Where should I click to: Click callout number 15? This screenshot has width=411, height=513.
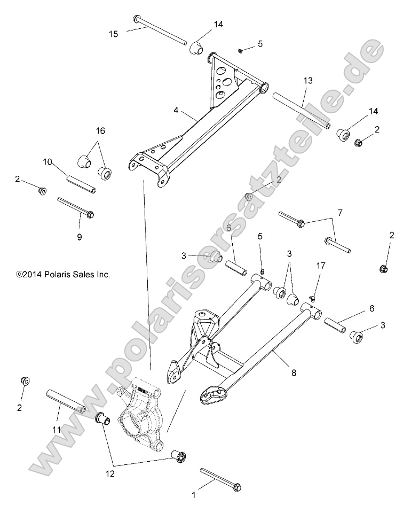(x=113, y=34)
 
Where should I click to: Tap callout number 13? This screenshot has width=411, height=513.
(x=307, y=80)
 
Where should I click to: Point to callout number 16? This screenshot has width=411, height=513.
(x=100, y=130)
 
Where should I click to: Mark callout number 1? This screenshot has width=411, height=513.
(x=194, y=495)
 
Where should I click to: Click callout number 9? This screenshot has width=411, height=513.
(x=79, y=237)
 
